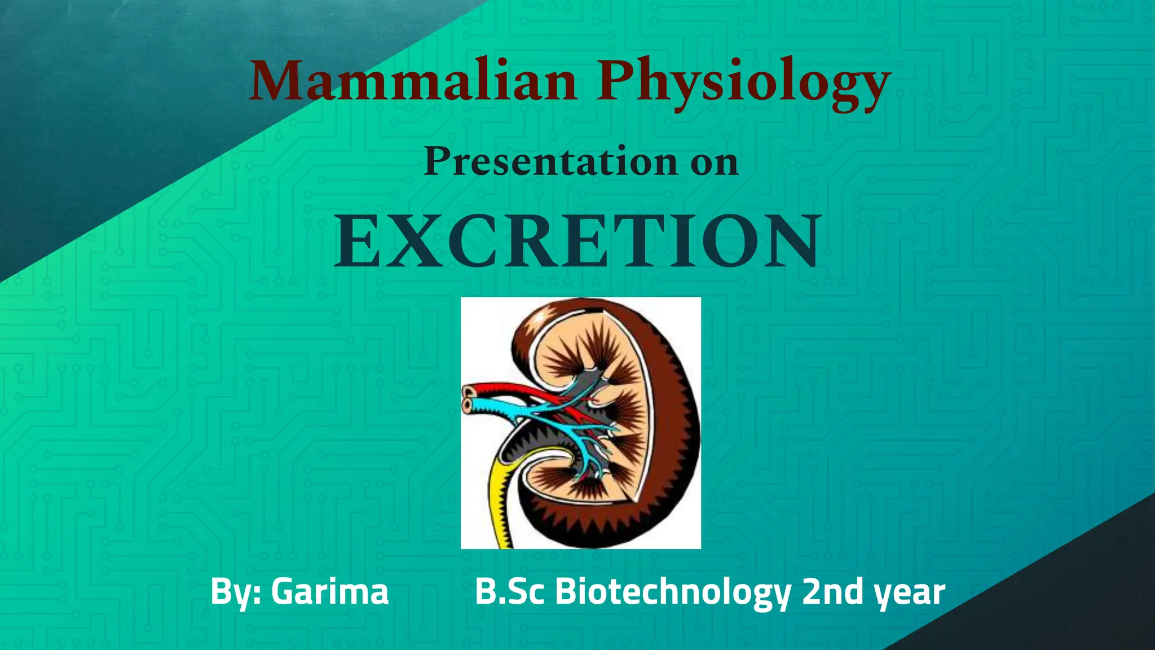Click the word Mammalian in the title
pyautogui.click(x=413, y=82)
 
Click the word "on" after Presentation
pyautogui.click(x=715, y=163)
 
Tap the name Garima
pyautogui.click(x=330, y=592)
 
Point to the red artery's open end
pyautogui.click(x=469, y=390)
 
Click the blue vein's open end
pyautogui.click(x=468, y=405)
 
